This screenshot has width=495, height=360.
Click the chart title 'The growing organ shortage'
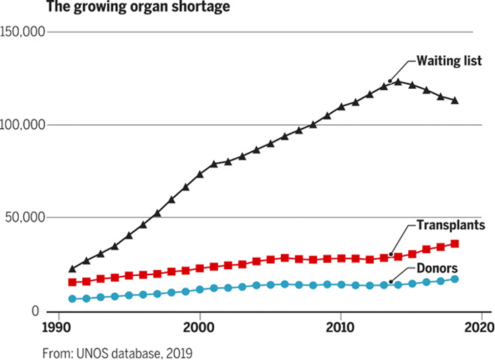click(138, 8)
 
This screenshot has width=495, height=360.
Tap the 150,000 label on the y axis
click(24, 32)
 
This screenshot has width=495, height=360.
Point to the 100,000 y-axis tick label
click(24, 125)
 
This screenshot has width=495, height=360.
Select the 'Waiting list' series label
click(449, 61)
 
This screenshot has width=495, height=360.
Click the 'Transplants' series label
click(450, 225)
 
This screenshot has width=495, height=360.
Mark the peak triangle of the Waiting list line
click(398, 81)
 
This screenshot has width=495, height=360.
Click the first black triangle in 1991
click(73, 268)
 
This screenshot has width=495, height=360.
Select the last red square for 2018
click(455, 244)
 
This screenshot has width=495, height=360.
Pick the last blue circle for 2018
click(455, 279)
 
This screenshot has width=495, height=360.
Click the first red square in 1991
click(73, 282)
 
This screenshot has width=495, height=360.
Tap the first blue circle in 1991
click(73, 299)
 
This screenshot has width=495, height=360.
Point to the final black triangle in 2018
click(455, 100)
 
